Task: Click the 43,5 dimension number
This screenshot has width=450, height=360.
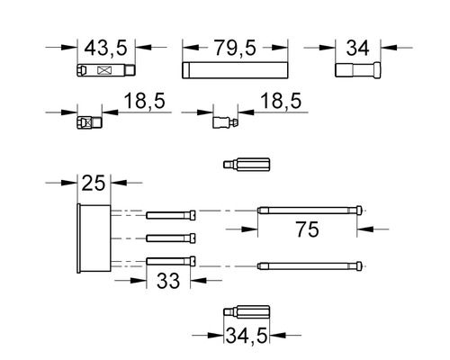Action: pos(105,48)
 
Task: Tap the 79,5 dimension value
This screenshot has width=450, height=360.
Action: pos(235,48)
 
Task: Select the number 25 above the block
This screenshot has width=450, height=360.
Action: pos(94,183)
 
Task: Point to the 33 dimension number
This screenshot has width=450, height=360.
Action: pos(168,281)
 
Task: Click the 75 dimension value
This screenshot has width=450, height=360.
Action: pos(307,229)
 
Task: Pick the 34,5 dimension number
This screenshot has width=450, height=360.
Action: pos(247,336)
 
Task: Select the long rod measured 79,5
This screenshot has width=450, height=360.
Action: pos(235,70)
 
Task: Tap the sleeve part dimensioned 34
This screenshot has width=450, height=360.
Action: pos(357,70)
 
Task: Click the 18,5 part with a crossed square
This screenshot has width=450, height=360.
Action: pos(89,122)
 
